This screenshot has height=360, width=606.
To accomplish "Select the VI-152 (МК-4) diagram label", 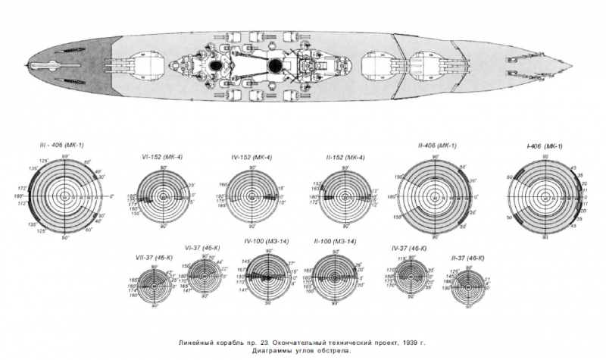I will (161, 157).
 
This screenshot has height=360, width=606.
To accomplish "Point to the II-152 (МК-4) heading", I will (345, 157).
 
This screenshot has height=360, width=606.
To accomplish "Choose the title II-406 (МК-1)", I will (436, 146).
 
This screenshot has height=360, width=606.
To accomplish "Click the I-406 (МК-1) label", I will (543, 146).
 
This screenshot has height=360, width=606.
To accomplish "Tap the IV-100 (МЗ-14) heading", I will (267, 241).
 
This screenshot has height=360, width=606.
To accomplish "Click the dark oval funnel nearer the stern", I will (216, 67).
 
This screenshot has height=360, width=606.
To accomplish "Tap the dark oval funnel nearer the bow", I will (276, 67).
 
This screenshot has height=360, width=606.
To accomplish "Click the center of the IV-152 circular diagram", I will (255, 196).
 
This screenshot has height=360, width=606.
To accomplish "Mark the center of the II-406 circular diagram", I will (435, 196).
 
